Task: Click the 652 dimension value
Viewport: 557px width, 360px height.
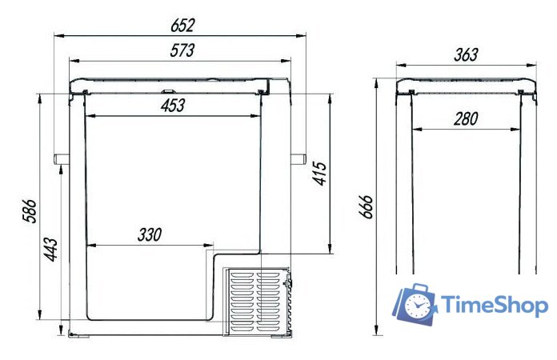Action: pos(182,26)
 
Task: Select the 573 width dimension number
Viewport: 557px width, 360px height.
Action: pos(182,50)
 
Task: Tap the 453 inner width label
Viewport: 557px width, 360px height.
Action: pos(173,106)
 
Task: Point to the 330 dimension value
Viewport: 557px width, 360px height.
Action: pos(150,234)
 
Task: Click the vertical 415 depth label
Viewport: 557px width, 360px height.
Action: pos(319,174)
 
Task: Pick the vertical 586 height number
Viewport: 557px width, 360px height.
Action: pos(30,211)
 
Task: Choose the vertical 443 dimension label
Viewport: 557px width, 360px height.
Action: pos(50,250)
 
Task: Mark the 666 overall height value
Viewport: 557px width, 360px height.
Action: pos(366,206)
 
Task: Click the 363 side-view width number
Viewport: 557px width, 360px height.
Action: pos(466,54)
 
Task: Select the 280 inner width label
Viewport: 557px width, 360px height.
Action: pos(466,118)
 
